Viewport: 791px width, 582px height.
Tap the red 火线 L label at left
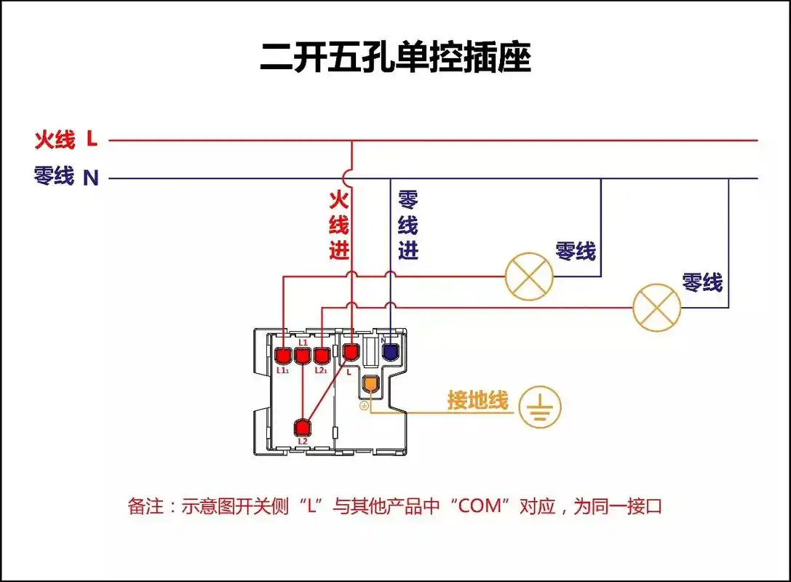pos(65,138)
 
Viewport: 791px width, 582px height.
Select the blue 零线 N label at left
pos(65,176)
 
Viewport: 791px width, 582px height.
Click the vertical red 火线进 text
pos(339,226)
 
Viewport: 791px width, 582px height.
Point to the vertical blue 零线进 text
pos(408,226)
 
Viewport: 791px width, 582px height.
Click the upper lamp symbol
pos(529,276)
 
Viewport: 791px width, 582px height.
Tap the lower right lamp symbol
pos(656,307)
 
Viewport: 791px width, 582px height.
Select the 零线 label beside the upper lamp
pos(576,252)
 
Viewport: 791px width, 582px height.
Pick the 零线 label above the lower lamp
pos(702,282)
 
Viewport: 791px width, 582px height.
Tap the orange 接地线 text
pos(477,400)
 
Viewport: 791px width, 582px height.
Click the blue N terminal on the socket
pos(390,353)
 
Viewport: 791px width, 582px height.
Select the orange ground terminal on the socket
pos(371,383)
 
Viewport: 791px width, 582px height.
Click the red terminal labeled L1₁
pos(283,355)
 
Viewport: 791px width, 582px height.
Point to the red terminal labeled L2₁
pos(321,355)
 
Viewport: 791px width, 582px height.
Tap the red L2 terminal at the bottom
pos(303,427)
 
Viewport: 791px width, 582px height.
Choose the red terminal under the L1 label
pos(302,355)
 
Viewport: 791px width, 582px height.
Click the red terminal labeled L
pos(351,353)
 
